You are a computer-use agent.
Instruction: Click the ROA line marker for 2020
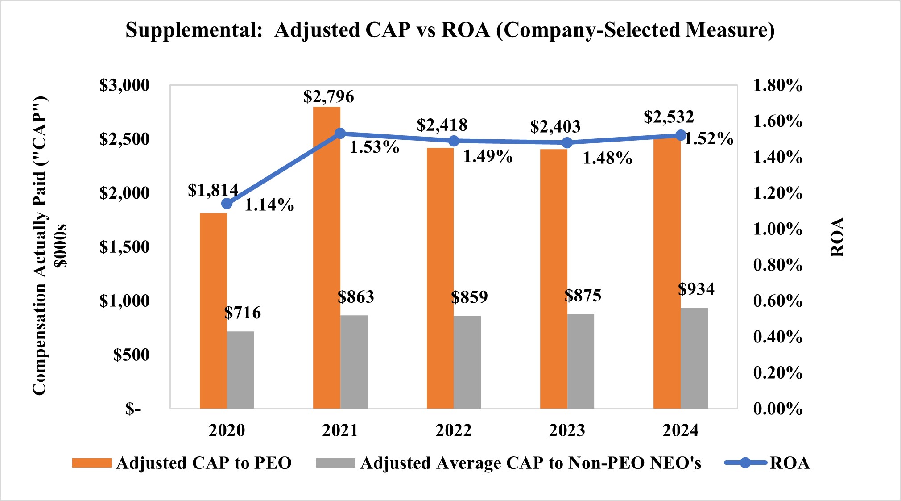(x=227, y=204)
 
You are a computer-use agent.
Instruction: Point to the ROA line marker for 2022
(x=454, y=141)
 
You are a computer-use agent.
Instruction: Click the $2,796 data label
(x=329, y=97)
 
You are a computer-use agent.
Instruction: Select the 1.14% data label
(x=269, y=205)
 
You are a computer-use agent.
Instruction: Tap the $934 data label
(x=696, y=289)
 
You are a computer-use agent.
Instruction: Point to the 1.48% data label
(x=608, y=158)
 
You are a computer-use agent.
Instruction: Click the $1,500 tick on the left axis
(x=124, y=247)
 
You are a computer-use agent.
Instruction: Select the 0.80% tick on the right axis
(x=777, y=265)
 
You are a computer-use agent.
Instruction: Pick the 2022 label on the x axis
(x=454, y=430)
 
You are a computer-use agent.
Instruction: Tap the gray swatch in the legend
(x=335, y=463)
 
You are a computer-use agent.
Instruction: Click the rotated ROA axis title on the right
(x=837, y=238)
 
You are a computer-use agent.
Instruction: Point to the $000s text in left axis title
(x=60, y=246)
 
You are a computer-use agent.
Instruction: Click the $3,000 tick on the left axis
(x=124, y=85)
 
